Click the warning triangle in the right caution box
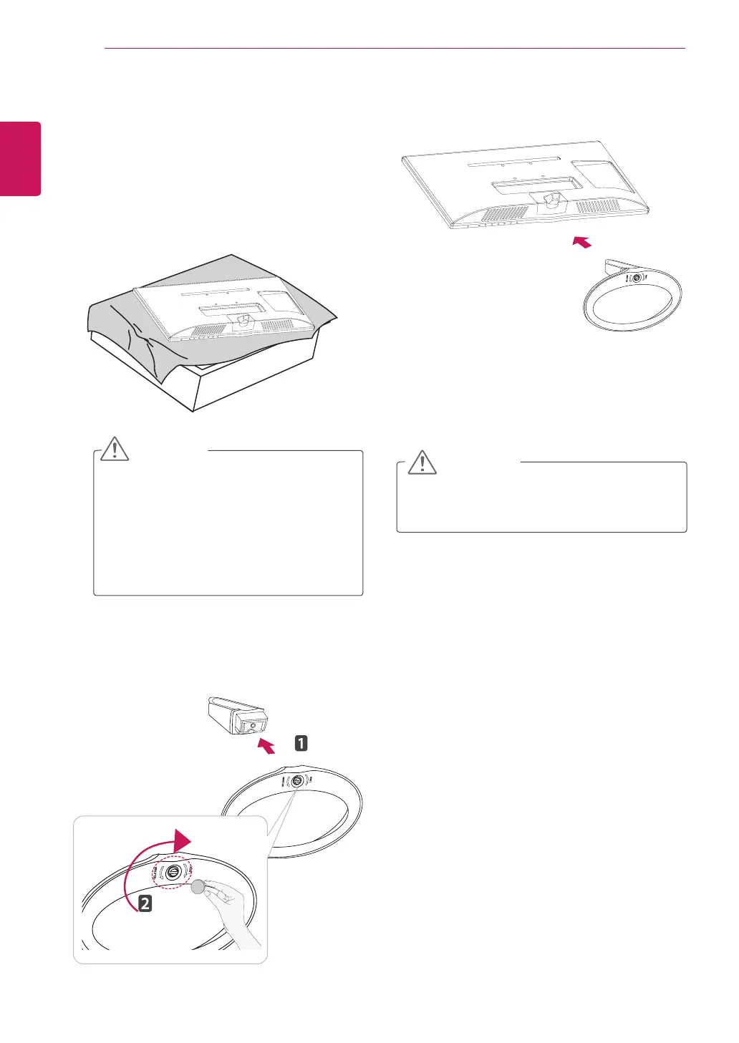point(422,462)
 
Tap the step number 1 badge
point(301,742)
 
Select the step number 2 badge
point(145,903)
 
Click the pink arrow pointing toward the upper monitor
point(583,243)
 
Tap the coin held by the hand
point(198,887)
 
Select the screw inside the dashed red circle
point(173,872)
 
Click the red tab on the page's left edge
point(20,158)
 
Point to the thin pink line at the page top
point(394,49)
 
